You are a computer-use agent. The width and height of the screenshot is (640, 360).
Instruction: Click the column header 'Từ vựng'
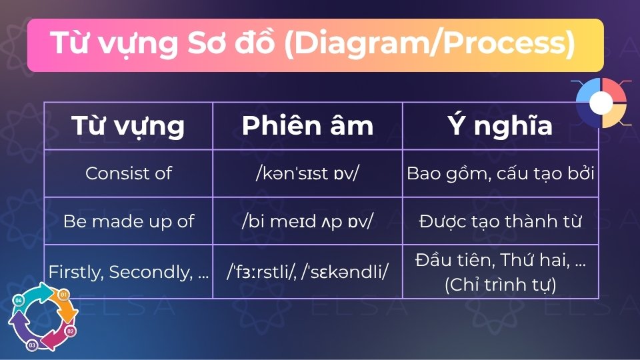pos(128,126)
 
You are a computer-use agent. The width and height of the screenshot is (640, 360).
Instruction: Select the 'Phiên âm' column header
pos(307,126)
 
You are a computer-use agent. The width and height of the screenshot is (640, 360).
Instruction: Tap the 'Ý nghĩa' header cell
pos(500,126)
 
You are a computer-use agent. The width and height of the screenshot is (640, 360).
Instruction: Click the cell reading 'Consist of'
pos(128,173)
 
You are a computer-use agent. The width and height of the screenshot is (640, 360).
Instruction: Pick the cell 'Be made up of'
pos(128,221)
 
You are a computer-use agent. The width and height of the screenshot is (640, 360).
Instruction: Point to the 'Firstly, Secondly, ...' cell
pos(128,272)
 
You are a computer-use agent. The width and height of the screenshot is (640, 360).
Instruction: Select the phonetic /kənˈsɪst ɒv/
pos(307,173)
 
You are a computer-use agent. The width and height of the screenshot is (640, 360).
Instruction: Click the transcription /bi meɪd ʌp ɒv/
pos(307,221)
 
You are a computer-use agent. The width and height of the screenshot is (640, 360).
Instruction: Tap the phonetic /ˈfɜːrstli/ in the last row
pos(262,272)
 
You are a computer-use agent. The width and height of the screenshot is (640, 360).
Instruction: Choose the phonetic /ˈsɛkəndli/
pos(346,272)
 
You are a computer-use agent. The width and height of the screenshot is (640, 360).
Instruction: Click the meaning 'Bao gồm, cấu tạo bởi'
pos(500,173)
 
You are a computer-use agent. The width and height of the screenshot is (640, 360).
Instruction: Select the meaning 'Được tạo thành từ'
pos(500,221)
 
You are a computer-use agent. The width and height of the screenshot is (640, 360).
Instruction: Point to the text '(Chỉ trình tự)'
pos(500,284)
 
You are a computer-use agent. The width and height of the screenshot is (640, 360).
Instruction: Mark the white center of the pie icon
pos(601,102)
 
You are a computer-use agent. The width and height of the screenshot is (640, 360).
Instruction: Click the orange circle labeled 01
pos(64,295)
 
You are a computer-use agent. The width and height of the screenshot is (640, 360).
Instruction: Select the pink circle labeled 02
pos(71,331)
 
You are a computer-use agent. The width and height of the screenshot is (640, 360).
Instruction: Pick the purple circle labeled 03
pos(31,345)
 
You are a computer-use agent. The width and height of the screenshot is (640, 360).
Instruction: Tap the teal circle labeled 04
pos(18,301)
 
